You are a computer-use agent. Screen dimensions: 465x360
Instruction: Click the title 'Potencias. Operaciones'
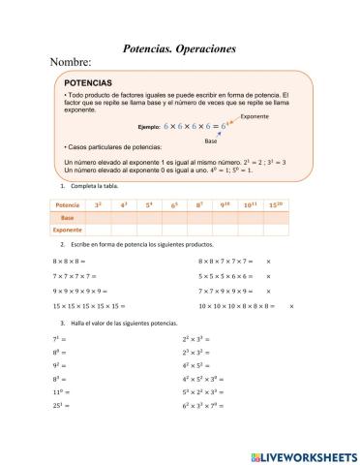[180, 47]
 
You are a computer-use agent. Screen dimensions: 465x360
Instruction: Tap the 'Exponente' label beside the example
[254, 116]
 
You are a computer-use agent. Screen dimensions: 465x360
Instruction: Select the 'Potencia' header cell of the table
[68, 205]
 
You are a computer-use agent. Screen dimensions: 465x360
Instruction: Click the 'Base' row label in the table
[68, 218]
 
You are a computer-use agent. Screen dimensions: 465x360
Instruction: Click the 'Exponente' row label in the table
[68, 231]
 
